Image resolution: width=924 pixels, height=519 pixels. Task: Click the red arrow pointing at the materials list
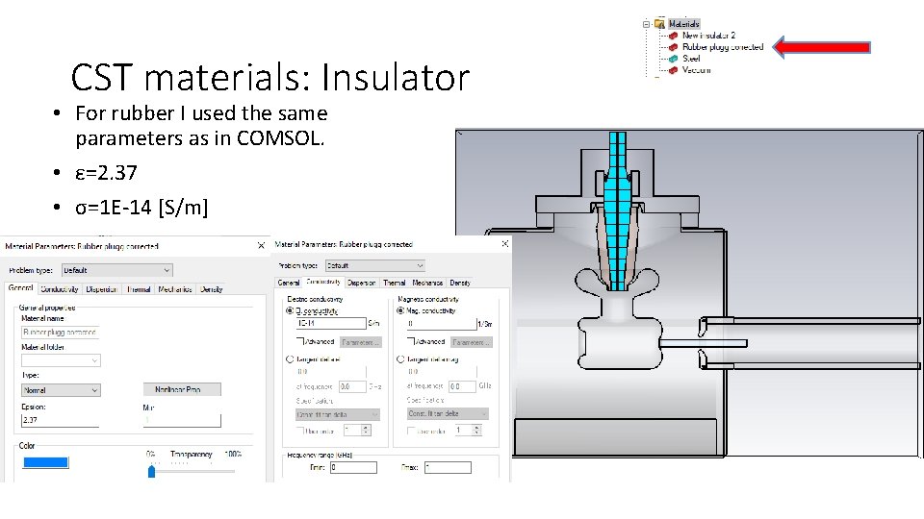823,46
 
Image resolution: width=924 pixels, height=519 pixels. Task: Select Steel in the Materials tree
691,59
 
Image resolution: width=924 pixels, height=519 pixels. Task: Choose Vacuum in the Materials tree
697,70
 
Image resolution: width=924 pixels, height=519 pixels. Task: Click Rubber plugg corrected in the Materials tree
722,46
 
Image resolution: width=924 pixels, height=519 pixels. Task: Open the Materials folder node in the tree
683,23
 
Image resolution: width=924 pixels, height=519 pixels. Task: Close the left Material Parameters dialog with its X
261,245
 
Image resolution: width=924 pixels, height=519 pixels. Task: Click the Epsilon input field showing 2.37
61,420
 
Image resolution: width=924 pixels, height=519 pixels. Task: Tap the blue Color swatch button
45,462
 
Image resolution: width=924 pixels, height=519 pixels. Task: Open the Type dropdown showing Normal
61,390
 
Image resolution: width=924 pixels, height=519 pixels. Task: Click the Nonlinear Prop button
183,389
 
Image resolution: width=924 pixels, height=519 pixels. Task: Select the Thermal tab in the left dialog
139,288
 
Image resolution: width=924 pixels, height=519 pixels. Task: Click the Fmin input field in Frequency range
353,467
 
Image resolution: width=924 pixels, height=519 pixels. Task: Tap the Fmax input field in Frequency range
448,467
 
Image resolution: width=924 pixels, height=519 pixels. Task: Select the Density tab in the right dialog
460,283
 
